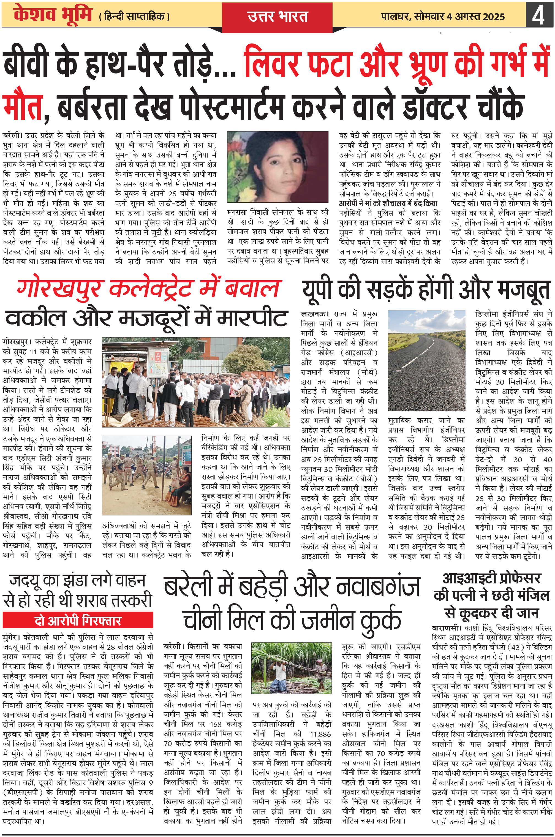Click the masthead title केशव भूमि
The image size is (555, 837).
point(53,15)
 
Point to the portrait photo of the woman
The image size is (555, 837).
point(277,167)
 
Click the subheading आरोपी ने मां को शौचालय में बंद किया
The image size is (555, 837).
point(388,203)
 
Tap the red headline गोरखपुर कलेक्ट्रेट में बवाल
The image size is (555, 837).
point(149,289)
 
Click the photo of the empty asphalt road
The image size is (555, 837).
point(426,360)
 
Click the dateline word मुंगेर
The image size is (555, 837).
point(11,637)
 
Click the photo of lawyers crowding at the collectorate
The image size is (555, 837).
point(196,382)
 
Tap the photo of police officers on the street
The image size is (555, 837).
point(146,475)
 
